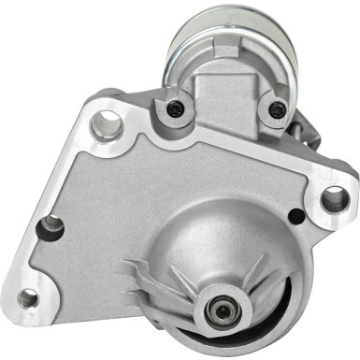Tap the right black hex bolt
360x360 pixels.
click(x=276, y=110)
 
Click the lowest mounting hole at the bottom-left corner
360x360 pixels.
click(x=29, y=298)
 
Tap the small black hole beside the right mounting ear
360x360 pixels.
click(x=296, y=217)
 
